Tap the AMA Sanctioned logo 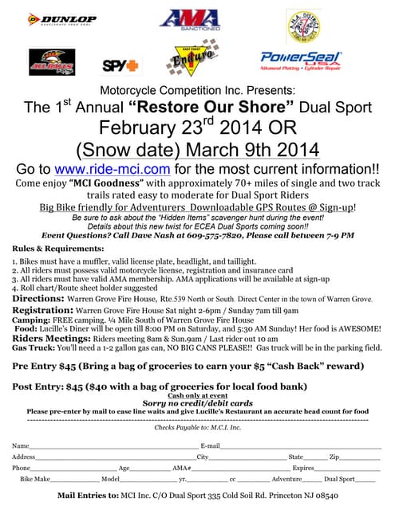pyautogui.click(x=189, y=22)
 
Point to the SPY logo pyautogui.click(x=120, y=65)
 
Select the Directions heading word pyautogui.click(x=38, y=299)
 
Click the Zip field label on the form pyautogui.click(x=334, y=457)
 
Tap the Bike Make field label pyautogui.click(x=35, y=480)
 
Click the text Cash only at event pyautogui.click(x=198, y=396)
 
